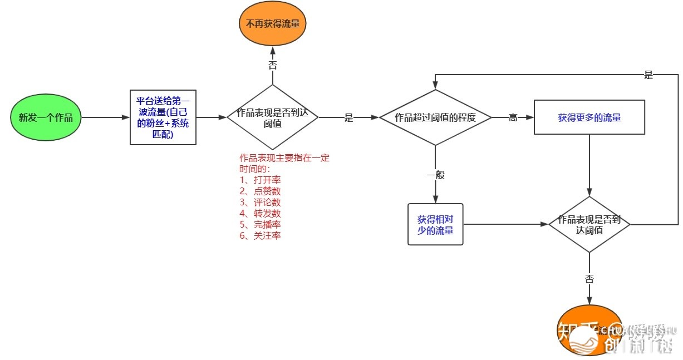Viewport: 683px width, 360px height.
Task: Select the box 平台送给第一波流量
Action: click(163, 117)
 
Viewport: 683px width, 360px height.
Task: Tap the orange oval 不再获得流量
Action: click(273, 24)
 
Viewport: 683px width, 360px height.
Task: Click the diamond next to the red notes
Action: click(272, 117)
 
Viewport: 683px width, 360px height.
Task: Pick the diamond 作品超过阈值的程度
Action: click(435, 117)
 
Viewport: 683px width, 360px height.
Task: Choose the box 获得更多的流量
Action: click(589, 117)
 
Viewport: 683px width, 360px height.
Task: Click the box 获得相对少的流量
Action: click(435, 224)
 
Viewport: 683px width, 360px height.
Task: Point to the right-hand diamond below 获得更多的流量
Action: click(589, 224)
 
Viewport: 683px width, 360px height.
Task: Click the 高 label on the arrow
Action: click(513, 118)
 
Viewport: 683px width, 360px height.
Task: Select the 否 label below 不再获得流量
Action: click(273, 65)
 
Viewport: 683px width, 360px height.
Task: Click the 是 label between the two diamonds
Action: click(349, 118)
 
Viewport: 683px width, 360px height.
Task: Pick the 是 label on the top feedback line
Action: click(648, 75)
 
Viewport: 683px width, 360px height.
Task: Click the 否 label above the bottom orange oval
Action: click(589, 279)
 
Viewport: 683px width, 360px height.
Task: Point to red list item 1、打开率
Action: click(260, 180)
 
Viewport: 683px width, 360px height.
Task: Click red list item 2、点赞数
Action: click(260, 191)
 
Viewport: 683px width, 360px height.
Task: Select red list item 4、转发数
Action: click(260, 213)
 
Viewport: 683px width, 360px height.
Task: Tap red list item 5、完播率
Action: click(260, 224)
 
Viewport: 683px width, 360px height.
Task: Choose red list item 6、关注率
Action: click(260, 235)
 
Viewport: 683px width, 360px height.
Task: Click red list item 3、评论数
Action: click(260, 202)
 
